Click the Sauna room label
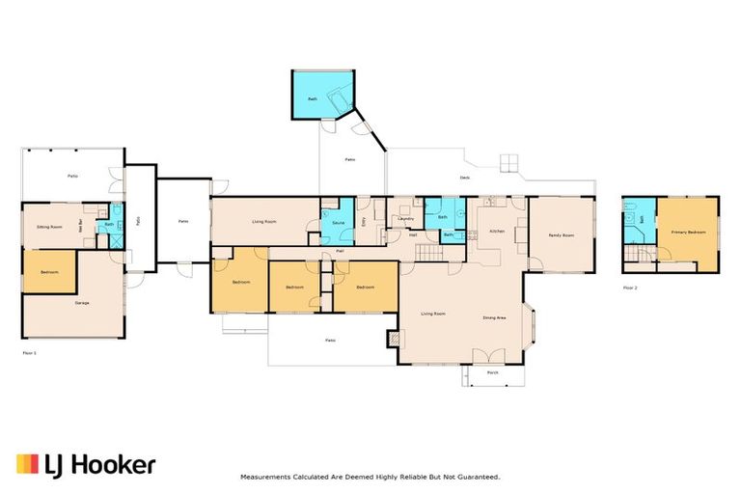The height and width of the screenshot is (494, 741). point(338,223)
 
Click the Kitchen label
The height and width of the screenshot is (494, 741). point(498,232)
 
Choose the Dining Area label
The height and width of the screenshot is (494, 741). point(495,317)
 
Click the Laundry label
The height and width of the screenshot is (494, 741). point(405,219)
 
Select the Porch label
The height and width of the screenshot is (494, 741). point(492,371)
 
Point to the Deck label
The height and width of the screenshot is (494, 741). point(464,178)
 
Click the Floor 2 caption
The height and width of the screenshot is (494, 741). point(629,288)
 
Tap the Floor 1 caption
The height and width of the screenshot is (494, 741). point(29,354)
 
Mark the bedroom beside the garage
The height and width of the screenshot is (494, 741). point(49,272)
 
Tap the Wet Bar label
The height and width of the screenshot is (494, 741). point(94,228)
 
